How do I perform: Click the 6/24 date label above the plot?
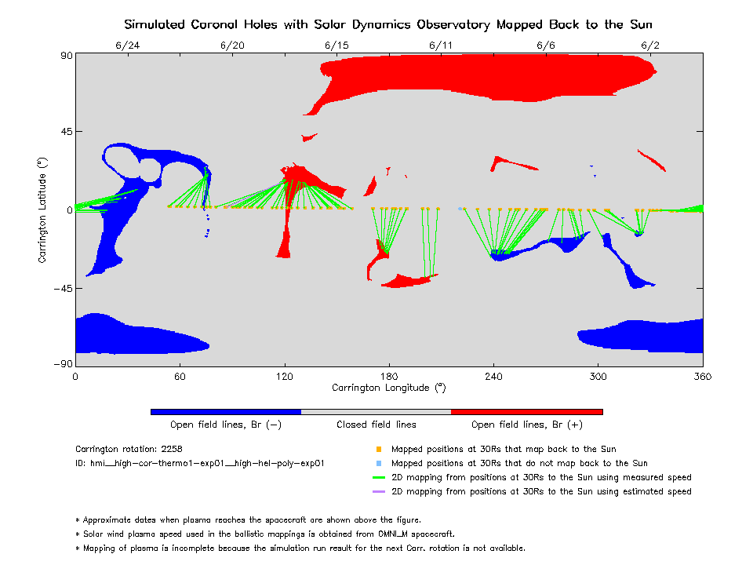[x=128, y=46]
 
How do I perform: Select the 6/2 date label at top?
[x=650, y=46]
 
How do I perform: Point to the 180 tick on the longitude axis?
[x=389, y=376]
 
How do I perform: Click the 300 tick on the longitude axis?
[x=598, y=376]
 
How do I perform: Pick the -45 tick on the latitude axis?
[x=62, y=287]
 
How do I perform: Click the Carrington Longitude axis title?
[x=389, y=388]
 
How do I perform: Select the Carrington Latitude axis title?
[x=42, y=210]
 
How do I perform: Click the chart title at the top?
[x=388, y=24]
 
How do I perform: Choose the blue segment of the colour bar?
[x=226, y=411]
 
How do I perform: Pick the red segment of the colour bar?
[x=527, y=411]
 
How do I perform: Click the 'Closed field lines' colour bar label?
[x=376, y=425]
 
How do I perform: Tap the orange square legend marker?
[x=379, y=450]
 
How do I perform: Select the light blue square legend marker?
[x=379, y=464]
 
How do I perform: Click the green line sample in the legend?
[x=379, y=478]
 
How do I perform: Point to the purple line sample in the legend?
[x=379, y=492]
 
